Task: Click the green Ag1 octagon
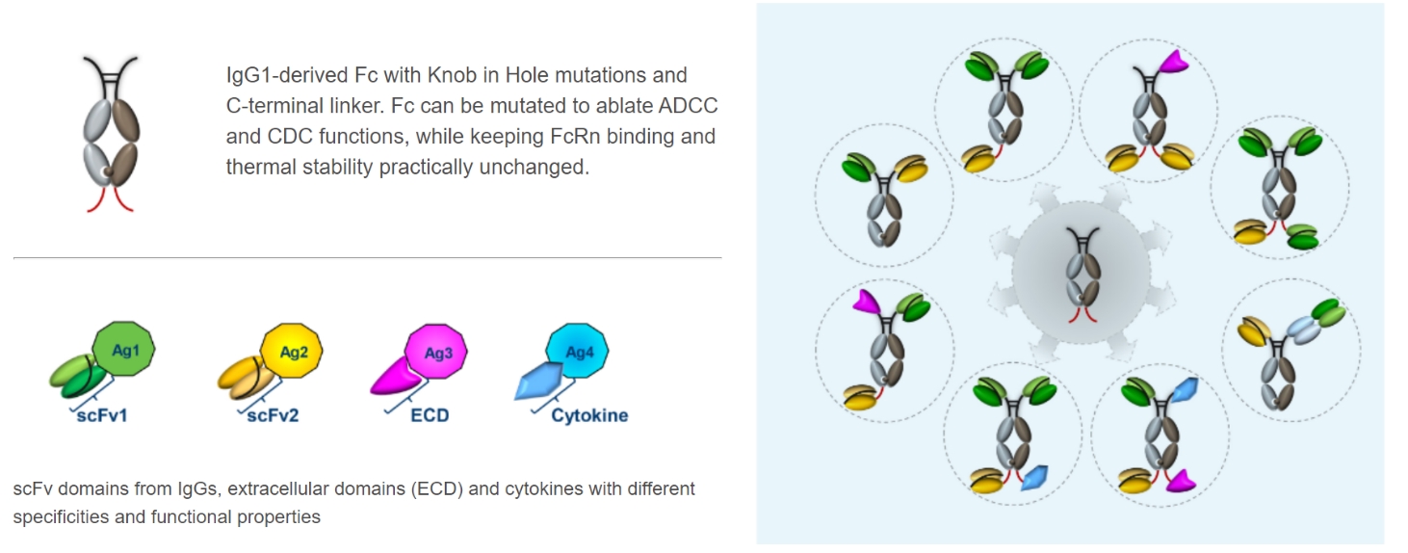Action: (124, 352)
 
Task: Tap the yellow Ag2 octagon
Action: (292, 353)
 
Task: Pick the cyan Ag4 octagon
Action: (578, 353)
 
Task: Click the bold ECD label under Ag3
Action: (430, 416)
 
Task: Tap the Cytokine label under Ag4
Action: (589, 416)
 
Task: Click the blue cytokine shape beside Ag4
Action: (537, 381)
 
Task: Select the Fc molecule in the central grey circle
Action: (1081, 273)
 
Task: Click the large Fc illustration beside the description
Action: (112, 135)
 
